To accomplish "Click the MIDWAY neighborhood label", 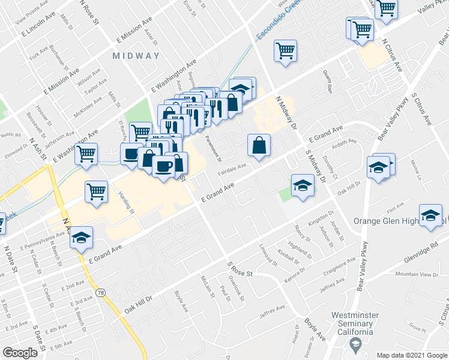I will [136, 56].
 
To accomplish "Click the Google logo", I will [20, 353].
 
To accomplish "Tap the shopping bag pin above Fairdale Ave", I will [259, 145].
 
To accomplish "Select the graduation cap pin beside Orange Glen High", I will [430, 216].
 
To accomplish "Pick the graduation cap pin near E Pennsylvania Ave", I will [81, 239].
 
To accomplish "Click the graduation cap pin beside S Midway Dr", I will [303, 185].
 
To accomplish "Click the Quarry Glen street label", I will [328, 82].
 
